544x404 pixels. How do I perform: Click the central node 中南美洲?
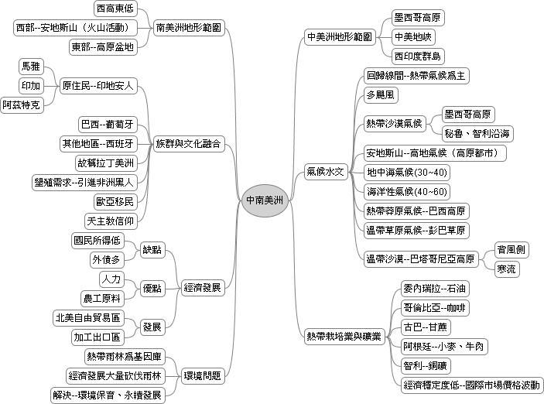coord(265,200)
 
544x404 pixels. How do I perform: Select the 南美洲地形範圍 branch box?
coord(189,27)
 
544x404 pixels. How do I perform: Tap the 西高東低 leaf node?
coord(115,9)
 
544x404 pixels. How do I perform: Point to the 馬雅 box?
coord(31,67)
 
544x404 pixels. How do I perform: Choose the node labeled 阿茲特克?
coord(22,104)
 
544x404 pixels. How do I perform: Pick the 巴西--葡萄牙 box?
coord(108,125)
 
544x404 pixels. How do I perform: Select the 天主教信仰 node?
coord(111,221)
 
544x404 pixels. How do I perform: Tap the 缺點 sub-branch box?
coord(152,250)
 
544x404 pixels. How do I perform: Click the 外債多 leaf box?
coord(106,259)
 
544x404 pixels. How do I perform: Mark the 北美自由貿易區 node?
coord(88,317)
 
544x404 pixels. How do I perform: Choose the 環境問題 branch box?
coord(202,375)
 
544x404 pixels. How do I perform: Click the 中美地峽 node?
coord(413,37)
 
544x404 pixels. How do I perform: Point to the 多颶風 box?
coord(381,94)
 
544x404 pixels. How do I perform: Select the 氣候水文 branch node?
coord(325,172)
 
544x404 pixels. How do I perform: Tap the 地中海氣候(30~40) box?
coord(407,172)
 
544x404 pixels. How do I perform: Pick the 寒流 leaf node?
coord(507,269)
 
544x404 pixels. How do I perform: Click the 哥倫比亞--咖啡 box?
coord(434,308)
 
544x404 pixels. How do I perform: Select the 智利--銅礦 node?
coord(426,365)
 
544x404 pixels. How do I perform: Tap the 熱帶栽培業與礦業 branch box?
coord(344,337)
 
